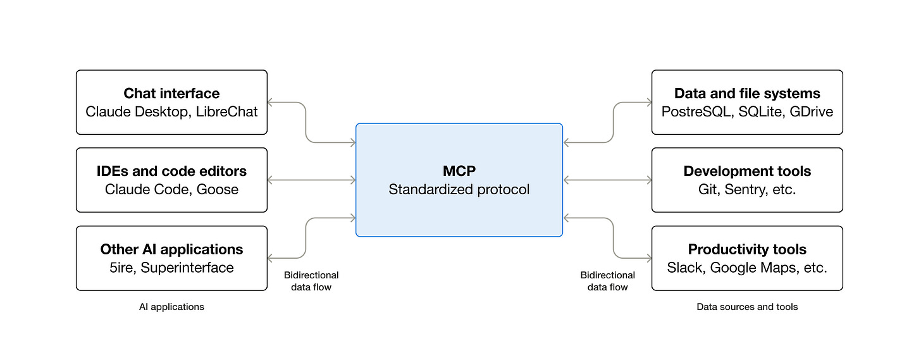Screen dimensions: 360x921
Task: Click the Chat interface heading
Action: [171, 94]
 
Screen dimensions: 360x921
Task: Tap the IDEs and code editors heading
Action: [171, 171]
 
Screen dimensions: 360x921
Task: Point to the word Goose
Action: [218, 190]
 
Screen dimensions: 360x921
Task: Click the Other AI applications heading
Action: [171, 249]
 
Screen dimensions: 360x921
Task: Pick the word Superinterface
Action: [187, 268]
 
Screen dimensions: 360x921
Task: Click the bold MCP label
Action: [459, 171]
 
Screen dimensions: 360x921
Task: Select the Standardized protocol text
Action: [459, 190]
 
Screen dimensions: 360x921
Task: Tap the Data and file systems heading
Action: [747, 94]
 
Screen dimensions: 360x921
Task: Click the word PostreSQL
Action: [695, 112]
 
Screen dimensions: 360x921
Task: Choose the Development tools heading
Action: [747, 171]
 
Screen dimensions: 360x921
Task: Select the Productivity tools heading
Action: [747, 249]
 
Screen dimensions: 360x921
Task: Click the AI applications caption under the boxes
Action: [171, 307]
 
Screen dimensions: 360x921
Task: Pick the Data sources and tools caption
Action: [747, 307]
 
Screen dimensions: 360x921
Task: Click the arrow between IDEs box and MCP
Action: [311, 180]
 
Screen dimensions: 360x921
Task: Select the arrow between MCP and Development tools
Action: [607, 180]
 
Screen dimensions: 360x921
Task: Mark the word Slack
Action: [684, 268]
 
